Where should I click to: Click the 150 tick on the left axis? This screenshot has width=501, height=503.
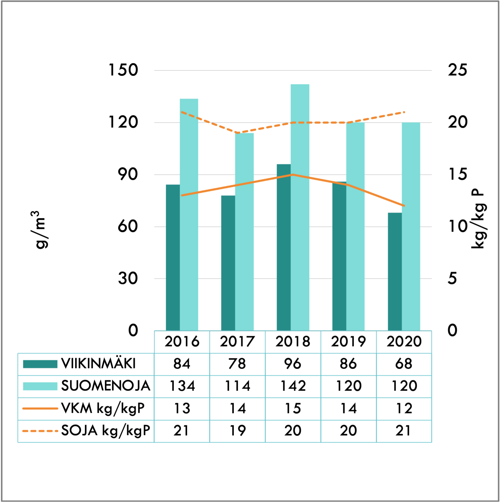point(123,70)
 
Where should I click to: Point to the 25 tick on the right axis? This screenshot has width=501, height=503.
point(458,70)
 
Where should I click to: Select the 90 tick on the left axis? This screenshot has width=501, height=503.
point(128,175)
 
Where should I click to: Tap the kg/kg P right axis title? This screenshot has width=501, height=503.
point(477,219)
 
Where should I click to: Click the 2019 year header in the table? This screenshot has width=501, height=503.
point(348,342)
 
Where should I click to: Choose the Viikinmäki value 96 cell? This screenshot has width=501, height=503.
point(293,364)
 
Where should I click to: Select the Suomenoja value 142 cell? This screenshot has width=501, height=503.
point(293,386)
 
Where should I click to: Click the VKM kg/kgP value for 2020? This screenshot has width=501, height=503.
point(404,409)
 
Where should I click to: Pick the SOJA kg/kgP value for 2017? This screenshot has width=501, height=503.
point(237,431)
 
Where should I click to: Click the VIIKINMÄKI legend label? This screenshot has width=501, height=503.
point(98,364)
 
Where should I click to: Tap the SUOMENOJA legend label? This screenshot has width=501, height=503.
point(106,386)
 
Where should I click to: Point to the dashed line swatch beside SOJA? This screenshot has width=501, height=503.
point(40,431)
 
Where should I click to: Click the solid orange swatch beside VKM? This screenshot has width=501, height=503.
point(40,409)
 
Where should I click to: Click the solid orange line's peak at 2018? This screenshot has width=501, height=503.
point(293,175)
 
